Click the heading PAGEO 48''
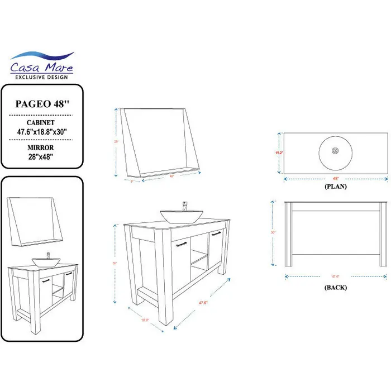(x=42, y=103)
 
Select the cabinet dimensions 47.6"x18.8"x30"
(x=42, y=131)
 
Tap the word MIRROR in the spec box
(x=42, y=148)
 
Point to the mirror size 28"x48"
(x=42, y=158)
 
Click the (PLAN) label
(x=335, y=187)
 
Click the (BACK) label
(x=335, y=287)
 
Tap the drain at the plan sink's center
(x=335, y=150)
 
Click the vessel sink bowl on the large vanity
(x=178, y=216)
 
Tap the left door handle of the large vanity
(x=182, y=244)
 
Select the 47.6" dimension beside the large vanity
(x=204, y=303)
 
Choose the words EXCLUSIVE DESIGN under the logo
(x=42, y=77)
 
